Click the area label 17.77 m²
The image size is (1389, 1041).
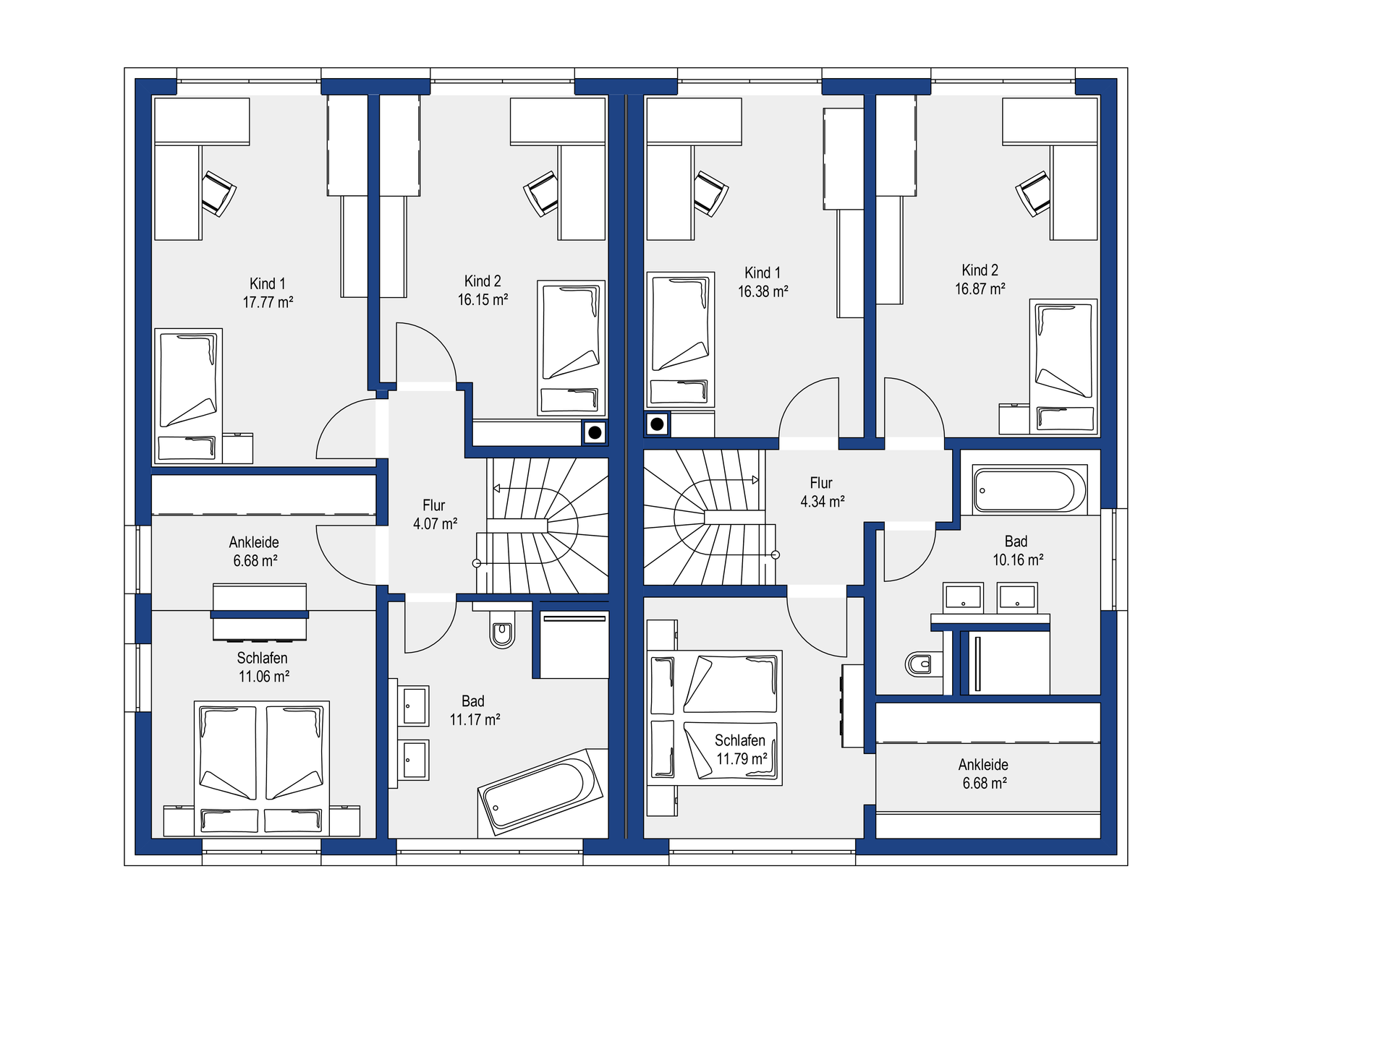268,302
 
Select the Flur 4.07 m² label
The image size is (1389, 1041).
435,515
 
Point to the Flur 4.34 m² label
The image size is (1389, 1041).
822,492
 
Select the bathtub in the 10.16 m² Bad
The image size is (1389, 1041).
1029,490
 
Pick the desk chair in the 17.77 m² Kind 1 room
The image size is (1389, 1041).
218,193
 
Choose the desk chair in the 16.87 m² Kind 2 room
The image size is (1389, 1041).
1033,193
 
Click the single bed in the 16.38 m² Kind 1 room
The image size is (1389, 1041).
680,340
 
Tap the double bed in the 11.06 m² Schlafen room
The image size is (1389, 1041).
262,768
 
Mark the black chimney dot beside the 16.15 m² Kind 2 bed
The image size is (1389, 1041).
595,433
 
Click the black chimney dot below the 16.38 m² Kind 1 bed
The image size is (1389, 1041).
657,424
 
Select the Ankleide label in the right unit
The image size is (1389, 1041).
983,765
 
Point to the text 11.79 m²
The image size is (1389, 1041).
742,759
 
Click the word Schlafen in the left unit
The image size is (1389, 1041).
262,658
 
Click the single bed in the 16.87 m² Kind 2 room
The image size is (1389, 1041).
1063,367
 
